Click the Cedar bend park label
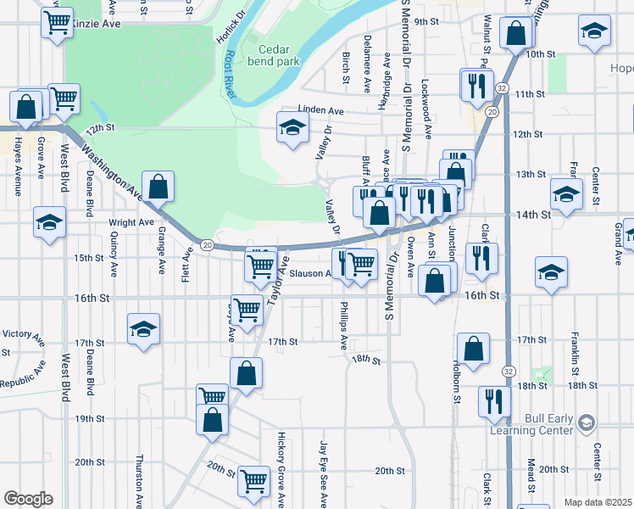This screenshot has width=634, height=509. pos(274,55)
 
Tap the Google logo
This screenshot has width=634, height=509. pos(28,498)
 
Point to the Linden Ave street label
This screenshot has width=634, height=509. pos(320,111)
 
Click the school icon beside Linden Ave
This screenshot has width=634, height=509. pos(293,129)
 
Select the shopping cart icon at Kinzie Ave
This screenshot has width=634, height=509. pos(57,24)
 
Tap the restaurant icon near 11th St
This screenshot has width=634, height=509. pos(475,85)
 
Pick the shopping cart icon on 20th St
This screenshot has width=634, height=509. pos(253,481)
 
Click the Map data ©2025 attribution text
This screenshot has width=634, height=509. pos(598,502)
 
